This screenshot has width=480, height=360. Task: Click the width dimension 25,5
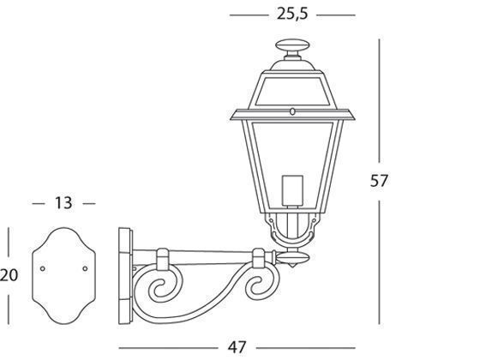[292, 15]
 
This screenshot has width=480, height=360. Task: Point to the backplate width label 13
[63, 203]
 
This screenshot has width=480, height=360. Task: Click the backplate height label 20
[9, 275]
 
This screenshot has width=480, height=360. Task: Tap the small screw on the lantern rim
[291, 111]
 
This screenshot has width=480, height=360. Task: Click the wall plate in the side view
[125, 275]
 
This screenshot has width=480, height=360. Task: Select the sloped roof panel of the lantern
[291, 90]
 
